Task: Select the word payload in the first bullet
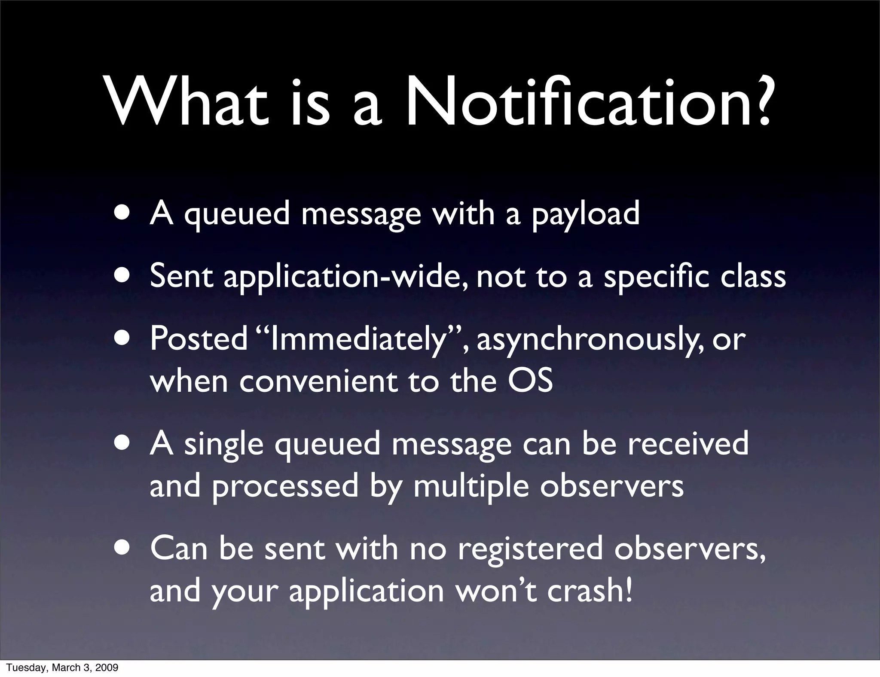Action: coord(586,214)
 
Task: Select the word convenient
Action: coord(318,381)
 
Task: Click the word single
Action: coord(223,445)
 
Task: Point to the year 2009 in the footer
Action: coord(107,668)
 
